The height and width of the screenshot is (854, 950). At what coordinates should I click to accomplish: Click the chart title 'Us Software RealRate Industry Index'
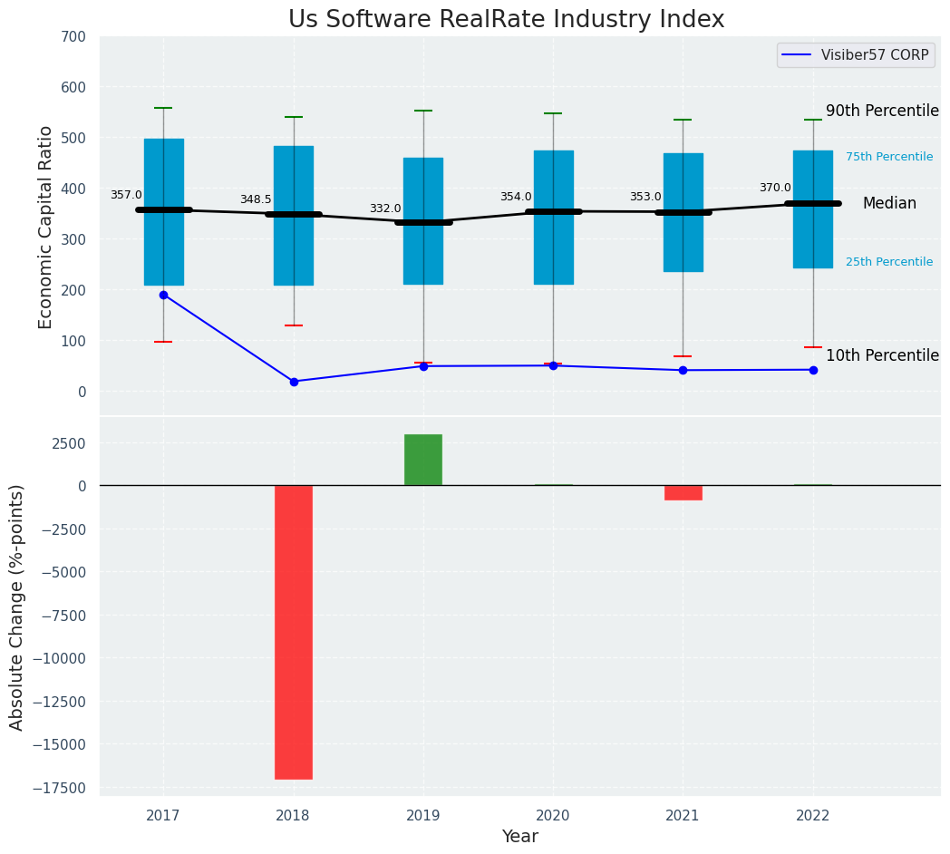coord(506,20)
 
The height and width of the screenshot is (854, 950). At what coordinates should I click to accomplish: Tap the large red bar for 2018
coord(294,632)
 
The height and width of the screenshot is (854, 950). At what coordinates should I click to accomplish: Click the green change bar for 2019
coord(423,460)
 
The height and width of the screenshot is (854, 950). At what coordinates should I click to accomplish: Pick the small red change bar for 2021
coord(683,492)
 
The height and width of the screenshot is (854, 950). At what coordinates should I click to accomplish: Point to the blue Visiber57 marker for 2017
coord(163,295)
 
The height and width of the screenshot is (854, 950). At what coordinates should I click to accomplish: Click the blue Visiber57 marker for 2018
coord(294,382)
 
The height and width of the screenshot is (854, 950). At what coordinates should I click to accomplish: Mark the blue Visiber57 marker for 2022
coord(813,370)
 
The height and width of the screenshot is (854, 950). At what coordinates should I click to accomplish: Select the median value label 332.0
coord(385,209)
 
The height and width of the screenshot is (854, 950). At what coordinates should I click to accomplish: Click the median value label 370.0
coord(775,188)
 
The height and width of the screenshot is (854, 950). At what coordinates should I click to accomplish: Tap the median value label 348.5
coord(256,199)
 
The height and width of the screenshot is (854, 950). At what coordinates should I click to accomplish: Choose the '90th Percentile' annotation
coord(882,111)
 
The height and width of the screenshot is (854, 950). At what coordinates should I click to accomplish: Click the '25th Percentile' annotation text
coord(889,262)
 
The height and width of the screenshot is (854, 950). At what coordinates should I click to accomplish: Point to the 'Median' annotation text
coord(889,204)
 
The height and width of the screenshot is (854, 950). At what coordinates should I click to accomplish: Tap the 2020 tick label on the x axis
coord(553,816)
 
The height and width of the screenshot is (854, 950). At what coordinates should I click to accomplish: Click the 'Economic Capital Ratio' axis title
coord(46,227)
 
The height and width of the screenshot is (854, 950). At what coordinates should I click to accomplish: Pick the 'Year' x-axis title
coord(520,837)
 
